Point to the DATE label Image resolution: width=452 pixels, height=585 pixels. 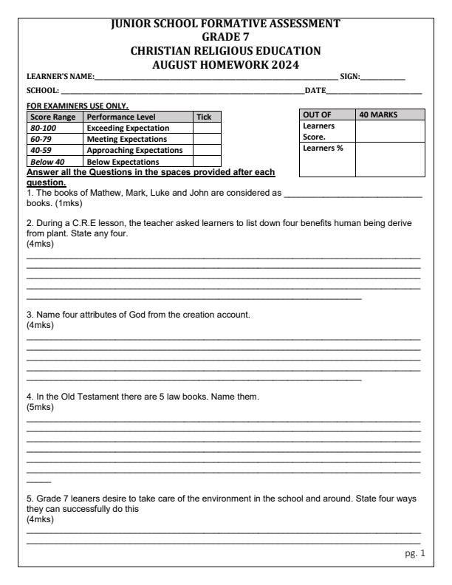pos(316,90)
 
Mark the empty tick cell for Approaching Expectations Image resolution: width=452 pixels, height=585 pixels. pos(207,149)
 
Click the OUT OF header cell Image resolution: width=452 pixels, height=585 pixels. pos(318,114)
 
